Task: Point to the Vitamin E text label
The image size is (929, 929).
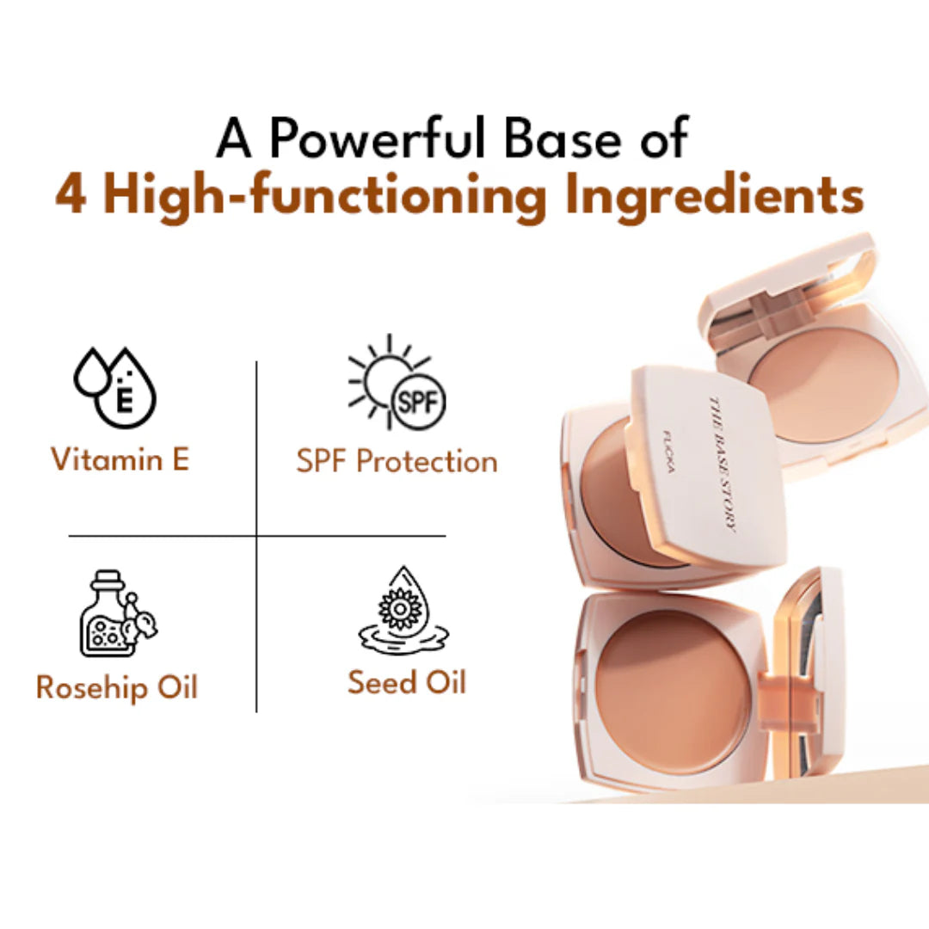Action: point(120,459)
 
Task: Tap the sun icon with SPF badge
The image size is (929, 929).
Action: point(397,383)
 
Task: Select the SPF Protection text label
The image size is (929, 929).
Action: point(397,461)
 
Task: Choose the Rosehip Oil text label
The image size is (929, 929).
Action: point(117,687)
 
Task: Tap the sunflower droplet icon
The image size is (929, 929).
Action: point(403,611)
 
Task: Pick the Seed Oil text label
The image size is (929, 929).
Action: point(407,682)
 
